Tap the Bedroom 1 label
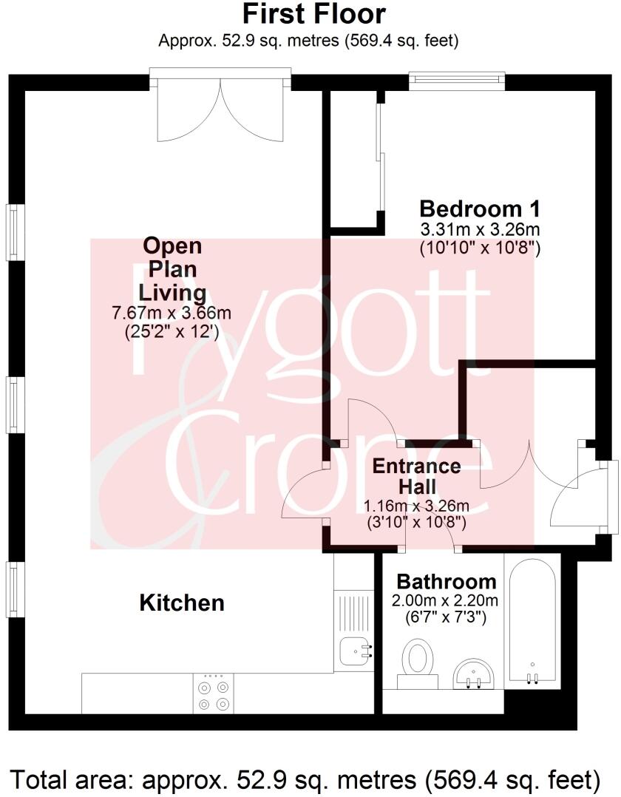479,208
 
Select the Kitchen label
182,603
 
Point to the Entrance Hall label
416,477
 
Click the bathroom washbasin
474,671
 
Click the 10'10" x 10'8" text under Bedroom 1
480,248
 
